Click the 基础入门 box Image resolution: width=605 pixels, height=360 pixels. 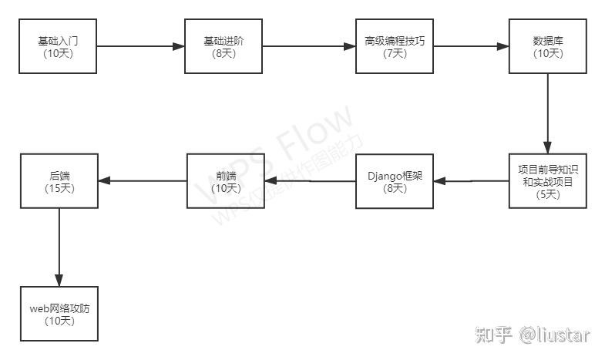point(59,47)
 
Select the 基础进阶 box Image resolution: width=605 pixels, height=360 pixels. point(224,47)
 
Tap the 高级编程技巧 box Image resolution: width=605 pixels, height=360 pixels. point(394,47)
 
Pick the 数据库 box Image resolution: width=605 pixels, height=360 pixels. point(547,47)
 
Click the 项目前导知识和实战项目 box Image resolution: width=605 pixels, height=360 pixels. point(548,182)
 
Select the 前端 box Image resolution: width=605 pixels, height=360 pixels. point(224,181)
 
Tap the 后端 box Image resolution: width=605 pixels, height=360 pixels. point(59,181)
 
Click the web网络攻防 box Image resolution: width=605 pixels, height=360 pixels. point(59,314)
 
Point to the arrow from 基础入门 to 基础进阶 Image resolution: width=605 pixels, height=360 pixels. point(140,47)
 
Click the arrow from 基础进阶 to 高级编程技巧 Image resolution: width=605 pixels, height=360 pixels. point(308,47)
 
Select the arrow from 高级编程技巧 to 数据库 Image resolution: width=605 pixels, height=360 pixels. point(470,47)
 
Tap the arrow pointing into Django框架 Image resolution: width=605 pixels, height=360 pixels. point(471,182)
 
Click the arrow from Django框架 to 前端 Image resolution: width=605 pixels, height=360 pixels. point(309,181)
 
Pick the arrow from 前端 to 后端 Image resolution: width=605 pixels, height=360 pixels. point(142,181)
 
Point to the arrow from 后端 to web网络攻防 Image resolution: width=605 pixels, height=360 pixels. point(59,247)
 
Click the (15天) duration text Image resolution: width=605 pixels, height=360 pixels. point(59,187)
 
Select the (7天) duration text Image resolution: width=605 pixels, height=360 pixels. point(394,53)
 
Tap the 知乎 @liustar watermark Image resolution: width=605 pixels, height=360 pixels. point(533,335)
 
